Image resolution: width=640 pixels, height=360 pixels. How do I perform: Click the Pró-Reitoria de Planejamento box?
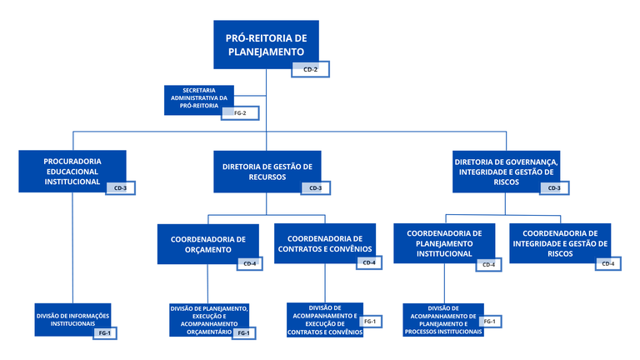point(266,43)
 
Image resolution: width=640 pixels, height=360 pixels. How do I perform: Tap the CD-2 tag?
point(310,69)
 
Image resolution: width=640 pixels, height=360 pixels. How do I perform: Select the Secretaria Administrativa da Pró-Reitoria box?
point(198,97)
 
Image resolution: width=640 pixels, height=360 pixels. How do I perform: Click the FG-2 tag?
point(239,112)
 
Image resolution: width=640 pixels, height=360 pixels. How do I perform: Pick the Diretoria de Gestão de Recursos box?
point(267,171)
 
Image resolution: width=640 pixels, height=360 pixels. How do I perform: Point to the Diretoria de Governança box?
point(506,170)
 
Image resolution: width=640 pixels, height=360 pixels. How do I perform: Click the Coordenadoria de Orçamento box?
point(207,242)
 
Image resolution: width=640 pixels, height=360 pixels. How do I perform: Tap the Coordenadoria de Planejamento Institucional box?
point(444,242)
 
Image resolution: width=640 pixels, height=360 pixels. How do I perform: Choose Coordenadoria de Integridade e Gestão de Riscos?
point(559,242)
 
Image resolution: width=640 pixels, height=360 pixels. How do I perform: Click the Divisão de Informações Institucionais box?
point(72,320)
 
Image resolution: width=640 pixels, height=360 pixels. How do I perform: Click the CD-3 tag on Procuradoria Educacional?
point(120,188)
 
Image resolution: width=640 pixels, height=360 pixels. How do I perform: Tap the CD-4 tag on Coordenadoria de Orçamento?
point(249,264)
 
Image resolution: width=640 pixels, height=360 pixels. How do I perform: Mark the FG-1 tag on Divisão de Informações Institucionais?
point(104,333)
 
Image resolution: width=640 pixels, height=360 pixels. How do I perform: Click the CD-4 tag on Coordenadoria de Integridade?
point(607,264)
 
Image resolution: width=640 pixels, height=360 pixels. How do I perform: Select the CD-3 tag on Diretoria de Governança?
point(554,188)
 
